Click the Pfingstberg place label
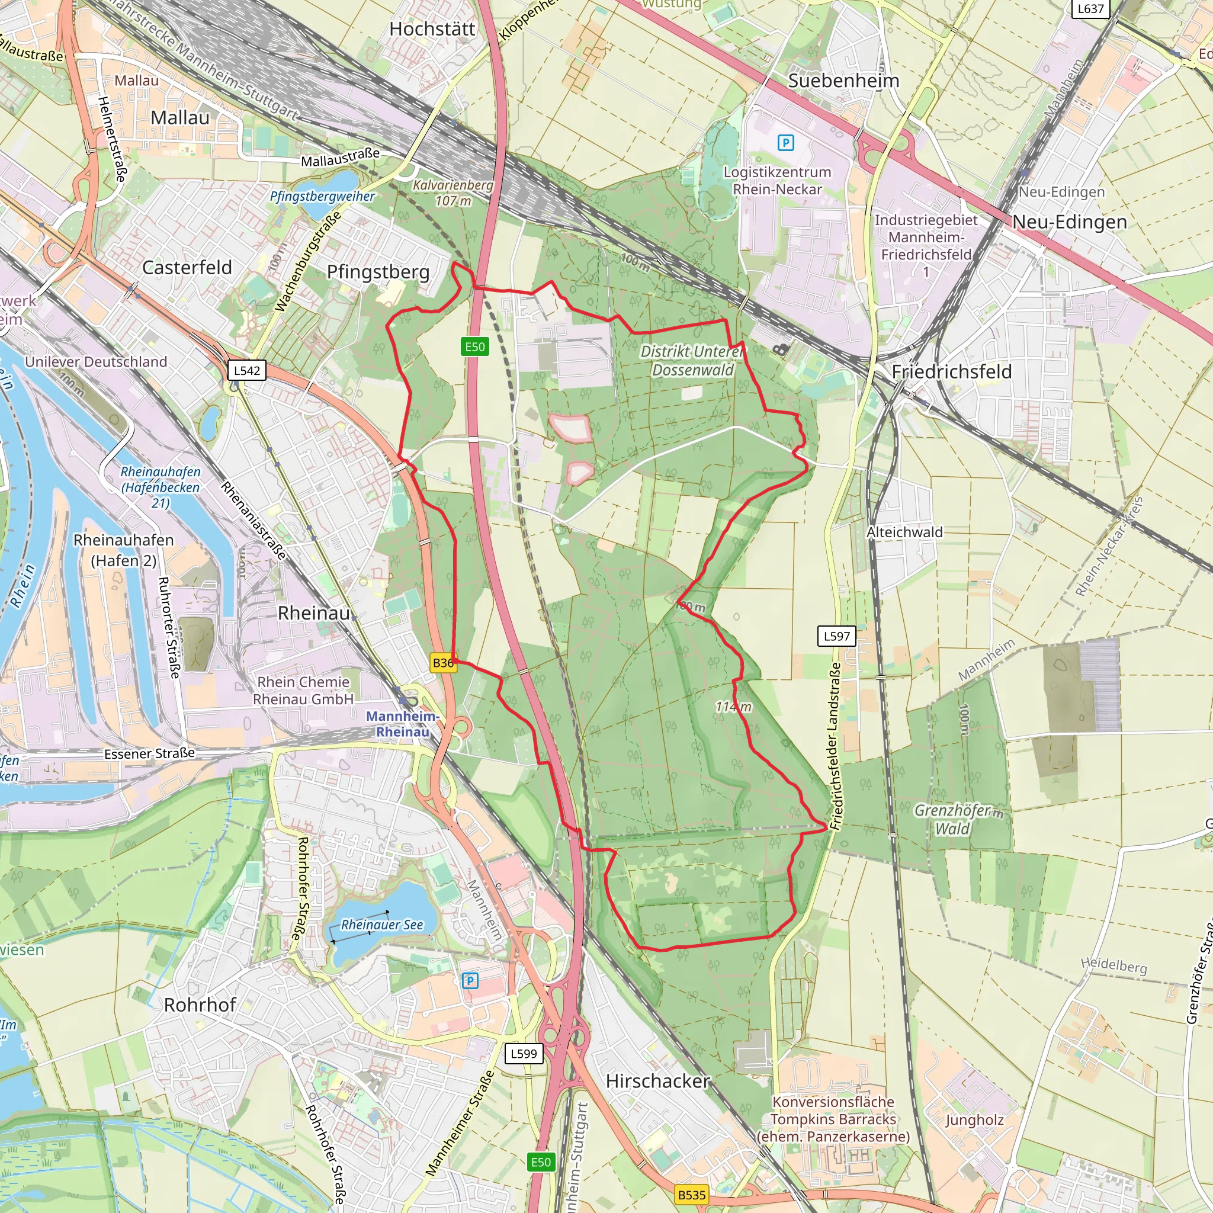tap(378, 272)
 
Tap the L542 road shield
tap(247, 370)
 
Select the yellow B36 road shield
tap(443, 662)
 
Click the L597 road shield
tap(836, 636)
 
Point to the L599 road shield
tap(524, 1053)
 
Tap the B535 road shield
tap(692, 1194)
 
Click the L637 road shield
tap(1090, 9)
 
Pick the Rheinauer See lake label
tap(382, 925)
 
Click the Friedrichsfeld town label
tap(951, 372)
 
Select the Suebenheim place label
tap(843, 81)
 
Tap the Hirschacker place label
tap(657, 1080)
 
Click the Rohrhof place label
tap(200, 1005)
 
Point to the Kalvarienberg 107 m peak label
tap(453, 192)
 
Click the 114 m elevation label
tap(733, 707)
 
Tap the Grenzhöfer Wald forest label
tap(952, 819)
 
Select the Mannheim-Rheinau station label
tap(402, 724)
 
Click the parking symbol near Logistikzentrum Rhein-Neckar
tap(785, 143)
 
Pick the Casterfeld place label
tap(187, 268)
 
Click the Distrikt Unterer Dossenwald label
tap(692, 360)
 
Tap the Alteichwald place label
tap(904, 532)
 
